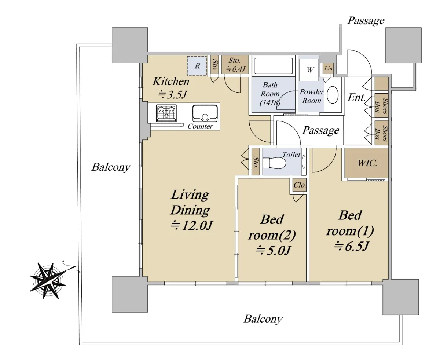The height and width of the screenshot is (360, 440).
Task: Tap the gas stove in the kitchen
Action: coord(166,113)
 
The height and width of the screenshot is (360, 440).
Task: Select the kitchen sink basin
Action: coord(205,113)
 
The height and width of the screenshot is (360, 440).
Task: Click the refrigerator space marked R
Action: coord(197,66)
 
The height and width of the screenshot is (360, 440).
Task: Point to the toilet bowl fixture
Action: coord(274,163)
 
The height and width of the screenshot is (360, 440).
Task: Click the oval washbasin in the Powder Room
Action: coord(332,95)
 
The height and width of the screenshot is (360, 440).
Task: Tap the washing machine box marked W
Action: coord(309,70)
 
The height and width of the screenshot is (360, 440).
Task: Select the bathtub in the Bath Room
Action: coord(274,66)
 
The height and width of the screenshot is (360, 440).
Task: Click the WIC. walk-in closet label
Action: coord(367,163)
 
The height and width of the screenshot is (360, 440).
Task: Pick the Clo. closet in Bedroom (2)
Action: coord(300,185)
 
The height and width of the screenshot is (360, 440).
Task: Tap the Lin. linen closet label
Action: coord(329,68)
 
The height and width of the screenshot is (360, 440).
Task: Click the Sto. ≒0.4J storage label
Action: coord(235,65)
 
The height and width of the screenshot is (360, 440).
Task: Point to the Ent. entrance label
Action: coord(356,98)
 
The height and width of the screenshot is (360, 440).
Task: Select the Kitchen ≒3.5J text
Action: coord(171,88)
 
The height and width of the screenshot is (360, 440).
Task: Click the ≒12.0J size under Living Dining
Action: coord(192,225)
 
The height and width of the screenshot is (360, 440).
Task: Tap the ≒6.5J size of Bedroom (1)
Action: coord(352,246)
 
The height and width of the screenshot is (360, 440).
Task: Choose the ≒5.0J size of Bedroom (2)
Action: coord(273,250)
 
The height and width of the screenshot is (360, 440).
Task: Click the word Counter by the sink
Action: coord(200,126)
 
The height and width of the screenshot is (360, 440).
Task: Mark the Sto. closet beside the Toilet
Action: coord(256,161)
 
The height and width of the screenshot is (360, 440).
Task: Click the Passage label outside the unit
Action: coord(366,21)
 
